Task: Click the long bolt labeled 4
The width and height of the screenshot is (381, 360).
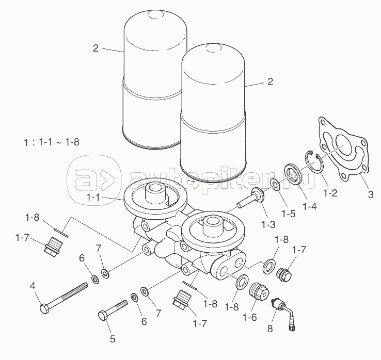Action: [63, 298]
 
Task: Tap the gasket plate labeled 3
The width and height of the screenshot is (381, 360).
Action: [343, 149]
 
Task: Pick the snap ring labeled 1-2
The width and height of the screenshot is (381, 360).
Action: [313, 162]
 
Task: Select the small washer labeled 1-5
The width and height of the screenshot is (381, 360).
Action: [275, 185]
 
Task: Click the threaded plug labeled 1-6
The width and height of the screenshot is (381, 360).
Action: [259, 291]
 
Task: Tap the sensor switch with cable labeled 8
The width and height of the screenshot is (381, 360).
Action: [284, 313]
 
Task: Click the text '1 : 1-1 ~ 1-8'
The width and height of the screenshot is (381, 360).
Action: [52, 142]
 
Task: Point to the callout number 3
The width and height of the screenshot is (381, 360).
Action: [371, 194]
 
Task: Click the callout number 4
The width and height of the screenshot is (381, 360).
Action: [33, 286]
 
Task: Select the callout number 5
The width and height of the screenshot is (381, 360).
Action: [112, 339]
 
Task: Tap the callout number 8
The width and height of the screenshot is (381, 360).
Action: [270, 329]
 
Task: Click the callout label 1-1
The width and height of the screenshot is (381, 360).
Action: [93, 198]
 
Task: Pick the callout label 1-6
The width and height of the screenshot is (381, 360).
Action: [249, 317]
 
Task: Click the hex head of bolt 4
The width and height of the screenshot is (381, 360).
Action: [44, 309]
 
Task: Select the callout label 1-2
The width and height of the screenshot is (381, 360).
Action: [330, 193]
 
